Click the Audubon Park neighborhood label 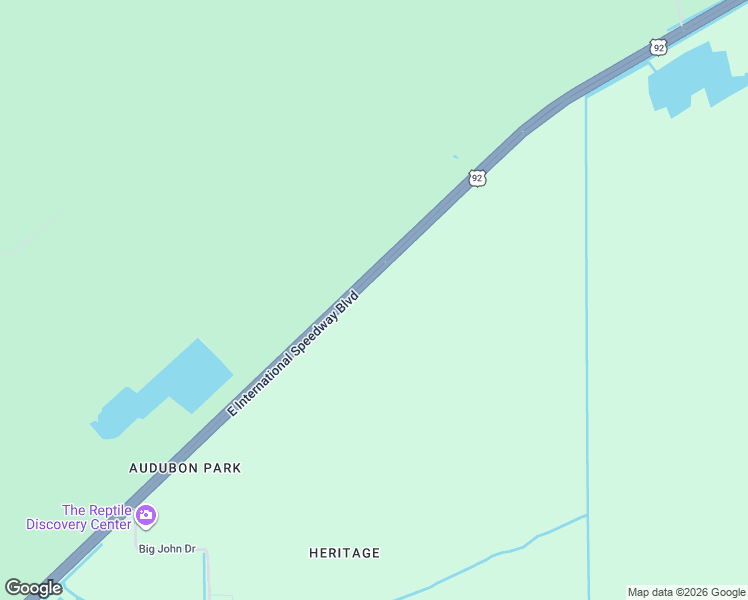tap(185, 468)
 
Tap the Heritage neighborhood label tap(344, 553)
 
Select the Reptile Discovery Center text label tap(79, 517)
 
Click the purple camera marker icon tap(146, 516)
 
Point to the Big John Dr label tap(167, 549)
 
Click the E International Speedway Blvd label tap(293, 353)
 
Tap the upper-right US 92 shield tap(657, 47)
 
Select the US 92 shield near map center tap(477, 178)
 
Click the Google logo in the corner tap(33, 588)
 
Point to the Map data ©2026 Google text tap(686, 592)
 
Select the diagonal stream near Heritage tap(490, 556)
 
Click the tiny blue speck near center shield tap(455, 156)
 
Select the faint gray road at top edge tap(679, 12)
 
